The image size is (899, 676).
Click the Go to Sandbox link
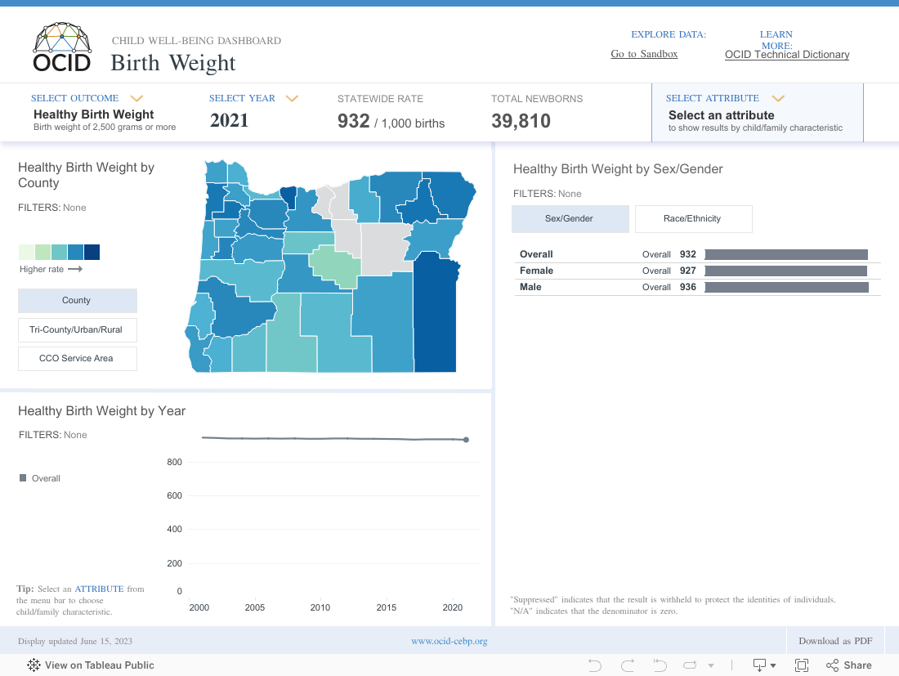coord(644,54)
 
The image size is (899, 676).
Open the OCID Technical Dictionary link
coord(787,55)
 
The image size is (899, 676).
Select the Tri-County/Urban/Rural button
coord(77,329)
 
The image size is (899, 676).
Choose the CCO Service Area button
coord(77,358)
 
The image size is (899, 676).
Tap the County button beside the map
coord(77,300)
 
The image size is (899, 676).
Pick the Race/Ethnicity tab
coord(693,218)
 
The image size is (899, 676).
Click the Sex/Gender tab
coord(570,218)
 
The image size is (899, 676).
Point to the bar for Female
coord(785,271)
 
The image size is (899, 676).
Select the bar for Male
coord(786,287)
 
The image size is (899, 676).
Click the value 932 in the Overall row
coord(688,254)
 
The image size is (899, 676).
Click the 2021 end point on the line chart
coord(466,440)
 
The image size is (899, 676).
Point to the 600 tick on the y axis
coord(174,495)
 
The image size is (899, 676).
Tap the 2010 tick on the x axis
coord(320,607)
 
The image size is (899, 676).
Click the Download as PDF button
coord(835,641)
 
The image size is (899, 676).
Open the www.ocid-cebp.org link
coord(449,641)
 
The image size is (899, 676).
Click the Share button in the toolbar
coord(849,665)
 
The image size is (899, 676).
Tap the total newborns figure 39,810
coord(521,122)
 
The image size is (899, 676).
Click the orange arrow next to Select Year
coord(292,98)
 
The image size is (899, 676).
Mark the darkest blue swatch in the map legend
coord(92,252)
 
